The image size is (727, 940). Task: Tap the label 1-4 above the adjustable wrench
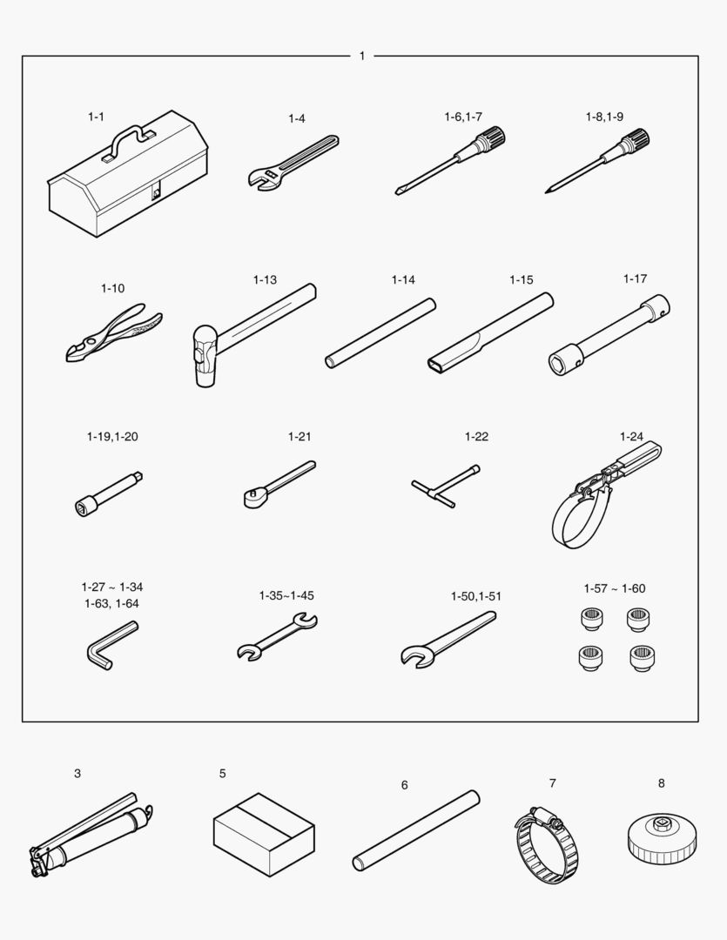pos(297,118)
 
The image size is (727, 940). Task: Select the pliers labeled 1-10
pos(113,332)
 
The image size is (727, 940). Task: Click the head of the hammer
pos(205,356)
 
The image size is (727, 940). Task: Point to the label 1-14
pos(403,280)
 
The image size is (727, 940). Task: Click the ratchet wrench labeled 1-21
pos(279,484)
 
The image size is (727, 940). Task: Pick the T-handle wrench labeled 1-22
pos(446,487)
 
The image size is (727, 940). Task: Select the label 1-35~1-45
pos(286,596)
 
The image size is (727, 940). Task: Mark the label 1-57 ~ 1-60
pos(615,588)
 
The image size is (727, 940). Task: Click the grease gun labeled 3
pos(90,835)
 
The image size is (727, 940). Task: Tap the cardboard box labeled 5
pos(264,835)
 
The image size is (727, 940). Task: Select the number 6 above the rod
pos(404,785)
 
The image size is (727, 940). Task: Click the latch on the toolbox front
pos(156,192)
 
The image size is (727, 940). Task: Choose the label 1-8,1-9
pos(604,117)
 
